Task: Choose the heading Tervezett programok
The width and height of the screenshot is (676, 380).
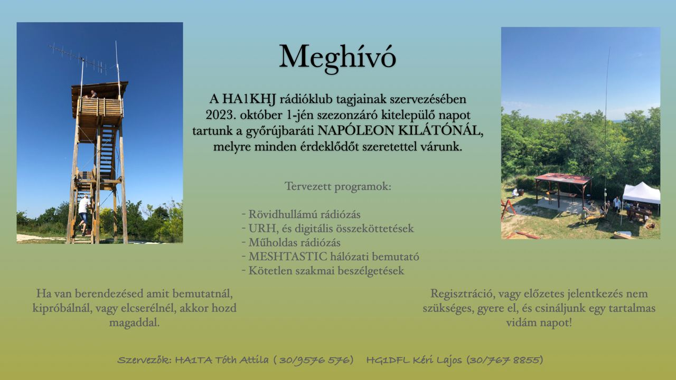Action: pyautogui.click(x=337, y=186)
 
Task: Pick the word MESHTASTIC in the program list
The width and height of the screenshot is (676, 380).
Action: pyautogui.click(x=288, y=256)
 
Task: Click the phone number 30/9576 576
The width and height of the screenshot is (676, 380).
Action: pyautogui.click(x=316, y=360)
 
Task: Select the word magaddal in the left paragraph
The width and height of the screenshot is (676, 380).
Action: pyautogui.click(x=134, y=322)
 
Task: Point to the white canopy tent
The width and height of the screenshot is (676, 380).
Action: pyautogui.click(x=641, y=193)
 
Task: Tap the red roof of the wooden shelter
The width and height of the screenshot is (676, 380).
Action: pyautogui.click(x=563, y=178)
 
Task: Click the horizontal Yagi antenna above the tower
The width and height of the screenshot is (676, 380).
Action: pyautogui.click(x=78, y=58)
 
